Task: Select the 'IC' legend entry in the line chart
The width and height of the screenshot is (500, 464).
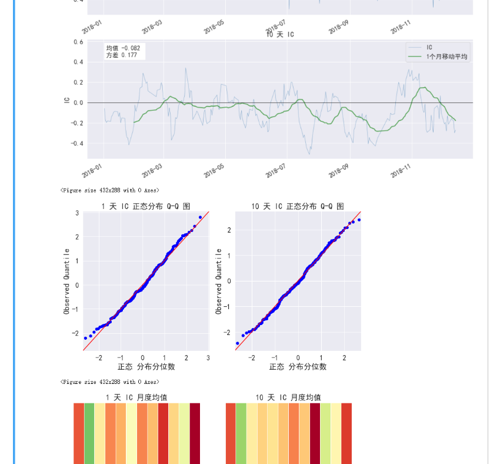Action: (429, 47)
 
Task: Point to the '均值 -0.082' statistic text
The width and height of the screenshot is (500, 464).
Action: (123, 48)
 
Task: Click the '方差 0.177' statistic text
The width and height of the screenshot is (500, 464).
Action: (122, 55)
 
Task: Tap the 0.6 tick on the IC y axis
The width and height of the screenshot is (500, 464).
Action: (78, 42)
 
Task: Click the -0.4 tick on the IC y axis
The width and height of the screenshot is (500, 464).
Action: (76, 144)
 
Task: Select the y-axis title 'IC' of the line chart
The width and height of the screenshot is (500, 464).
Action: (68, 101)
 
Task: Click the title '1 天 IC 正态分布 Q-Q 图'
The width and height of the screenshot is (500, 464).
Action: (145, 206)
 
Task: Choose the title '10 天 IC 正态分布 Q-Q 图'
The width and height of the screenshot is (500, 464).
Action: (298, 206)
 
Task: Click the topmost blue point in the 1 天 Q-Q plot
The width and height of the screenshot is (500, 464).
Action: (200, 217)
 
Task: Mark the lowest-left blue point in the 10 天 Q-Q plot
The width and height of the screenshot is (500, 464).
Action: (238, 343)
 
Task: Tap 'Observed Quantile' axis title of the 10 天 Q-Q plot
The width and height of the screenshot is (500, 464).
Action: (219, 281)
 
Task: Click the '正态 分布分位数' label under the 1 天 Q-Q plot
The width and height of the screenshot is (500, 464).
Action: (146, 366)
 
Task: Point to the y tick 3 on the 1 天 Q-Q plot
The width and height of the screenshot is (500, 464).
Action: (77, 213)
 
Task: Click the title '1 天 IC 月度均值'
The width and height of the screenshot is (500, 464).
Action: (136, 397)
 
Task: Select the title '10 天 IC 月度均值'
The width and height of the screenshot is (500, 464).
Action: (288, 397)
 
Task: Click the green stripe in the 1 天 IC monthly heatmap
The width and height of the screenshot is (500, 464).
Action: (89, 433)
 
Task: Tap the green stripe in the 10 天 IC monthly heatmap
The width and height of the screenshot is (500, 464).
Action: (241, 433)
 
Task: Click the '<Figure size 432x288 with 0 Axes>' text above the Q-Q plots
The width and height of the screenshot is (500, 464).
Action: (109, 191)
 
